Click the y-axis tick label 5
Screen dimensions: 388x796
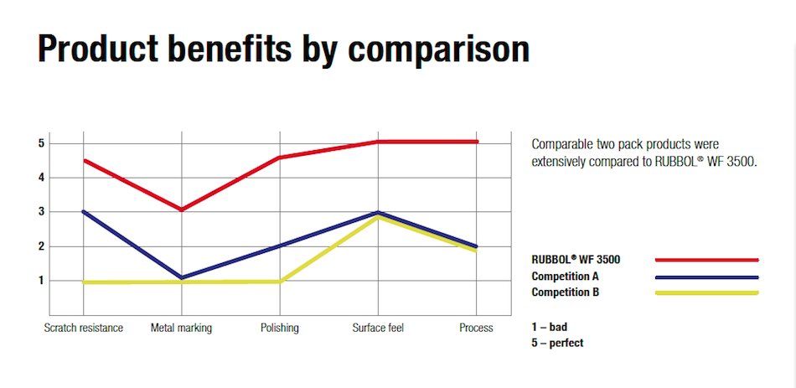[40, 143]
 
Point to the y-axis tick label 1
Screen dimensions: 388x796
[40, 281]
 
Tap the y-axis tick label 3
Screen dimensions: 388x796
[40, 212]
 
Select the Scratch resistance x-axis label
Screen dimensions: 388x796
[84, 328]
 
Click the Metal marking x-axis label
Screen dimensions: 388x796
[181, 328]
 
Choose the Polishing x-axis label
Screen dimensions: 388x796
[279, 328]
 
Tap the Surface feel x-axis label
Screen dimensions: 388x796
[378, 328]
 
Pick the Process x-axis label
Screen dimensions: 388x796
[476, 328]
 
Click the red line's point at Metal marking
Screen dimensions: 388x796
[181, 209]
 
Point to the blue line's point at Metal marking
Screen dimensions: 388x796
[181, 277]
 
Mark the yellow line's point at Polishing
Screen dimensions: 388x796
[279, 281]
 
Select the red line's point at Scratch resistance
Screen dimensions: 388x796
[85, 160]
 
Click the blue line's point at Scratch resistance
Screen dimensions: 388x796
[85, 212]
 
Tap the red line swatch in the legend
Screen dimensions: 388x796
[706, 260]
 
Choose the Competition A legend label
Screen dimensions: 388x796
[571, 276]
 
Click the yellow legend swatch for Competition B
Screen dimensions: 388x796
[706, 292]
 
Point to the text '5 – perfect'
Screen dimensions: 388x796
[557, 343]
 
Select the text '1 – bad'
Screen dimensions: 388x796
[550, 327]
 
